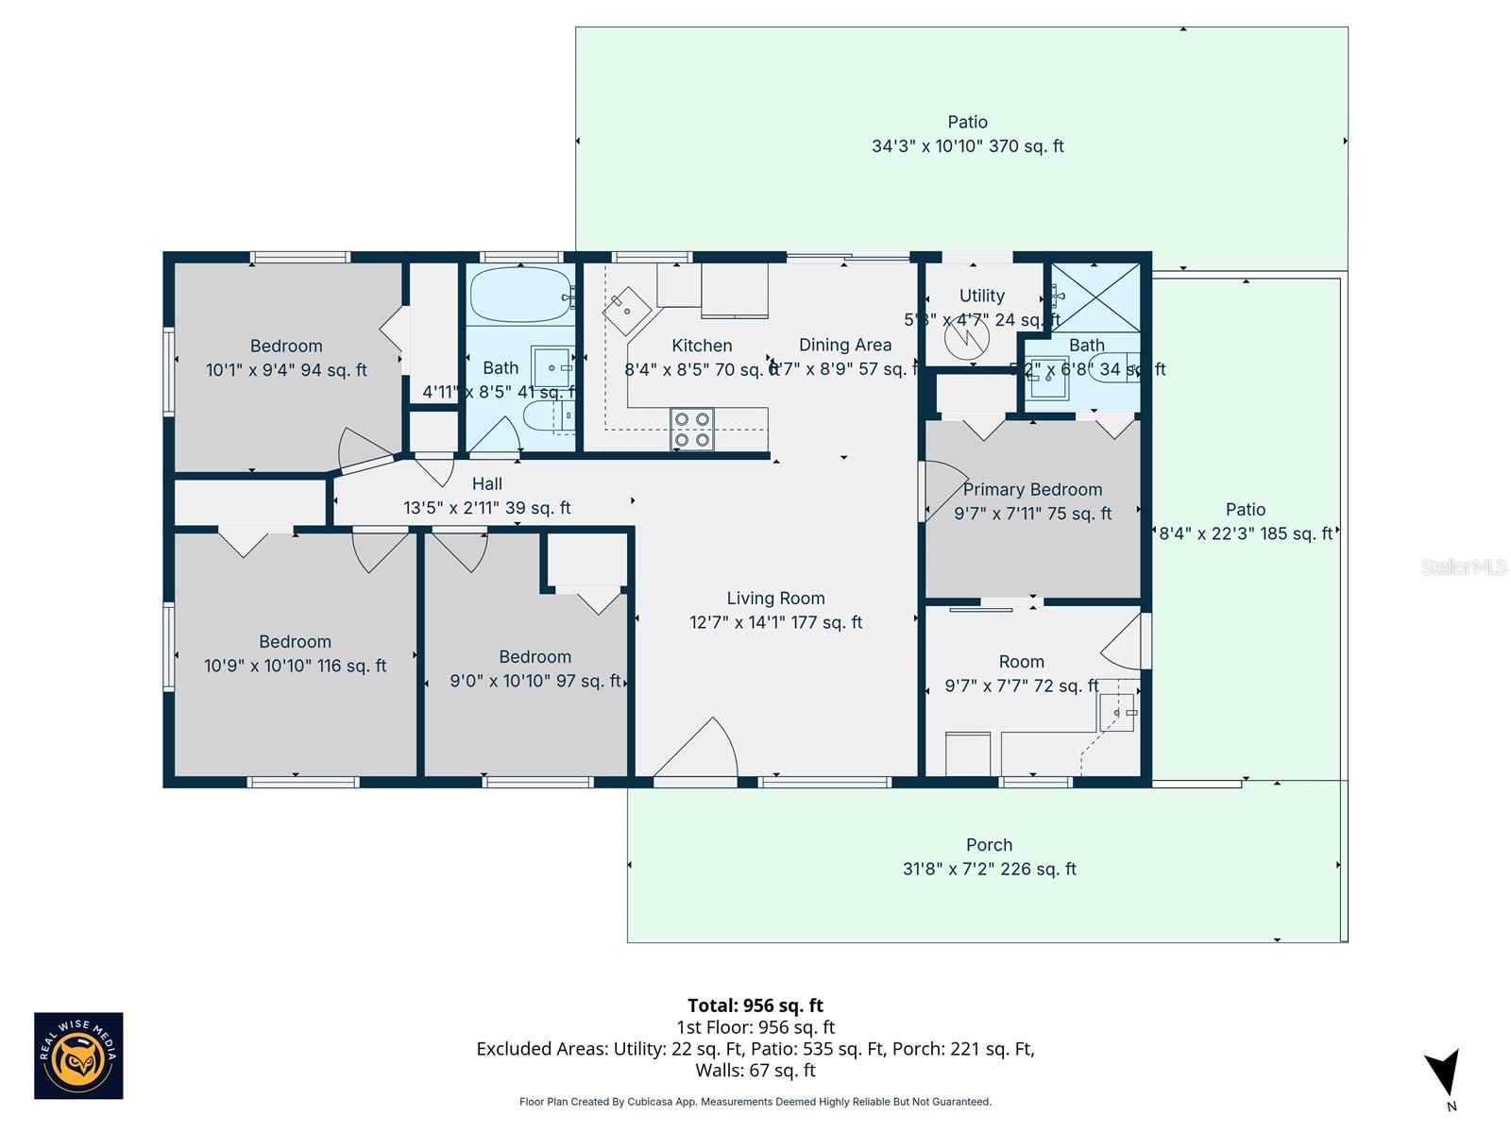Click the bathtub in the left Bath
(x=520, y=295)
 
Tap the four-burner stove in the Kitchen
(x=692, y=430)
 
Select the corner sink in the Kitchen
(x=627, y=311)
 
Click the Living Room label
(x=775, y=599)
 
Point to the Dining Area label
(x=844, y=346)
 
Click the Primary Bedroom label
(x=1032, y=490)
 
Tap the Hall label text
(x=487, y=484)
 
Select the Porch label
(x=989, y=845)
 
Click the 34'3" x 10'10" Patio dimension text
(x=967, y=146)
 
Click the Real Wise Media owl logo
(x=78, y=1057)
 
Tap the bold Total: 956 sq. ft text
(x=755, y=1006)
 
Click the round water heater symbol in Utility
(x=967, y=337)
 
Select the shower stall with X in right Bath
(x=1095, y=297)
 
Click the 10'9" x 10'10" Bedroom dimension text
(x=295, y=667)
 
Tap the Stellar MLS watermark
(x=1463, y=566)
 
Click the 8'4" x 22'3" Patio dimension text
(x=1246, y=534)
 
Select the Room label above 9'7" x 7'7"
(x=1021, y=662)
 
